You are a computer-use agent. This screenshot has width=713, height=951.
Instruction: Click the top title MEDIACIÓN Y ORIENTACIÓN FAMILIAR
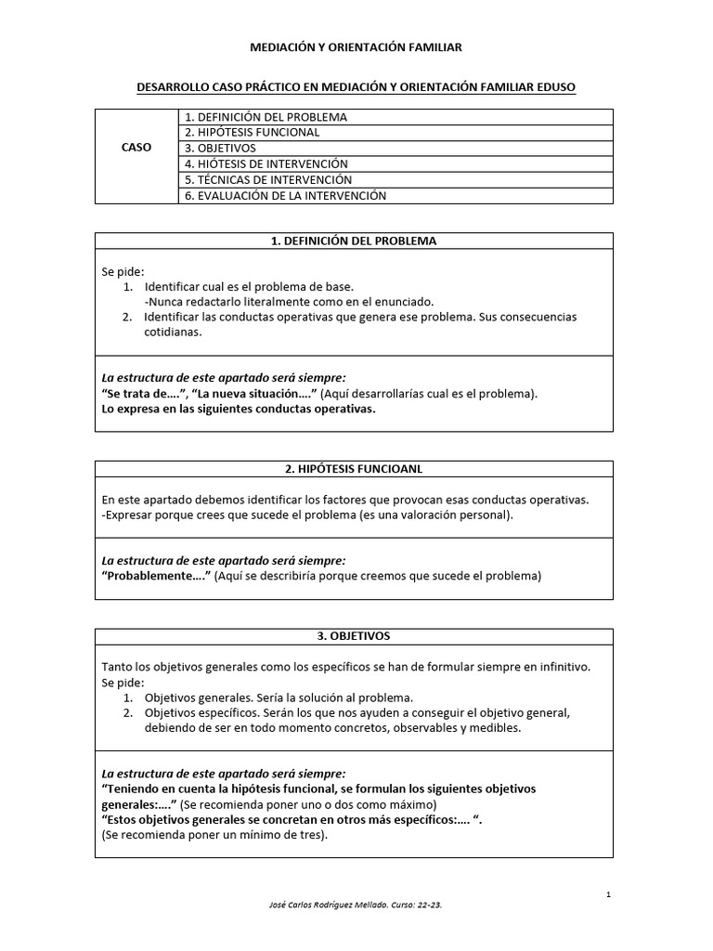(356, 46)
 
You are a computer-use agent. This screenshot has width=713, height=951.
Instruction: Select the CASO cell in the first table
(136, 148)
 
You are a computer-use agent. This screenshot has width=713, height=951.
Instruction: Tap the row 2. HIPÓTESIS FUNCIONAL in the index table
(252, 132)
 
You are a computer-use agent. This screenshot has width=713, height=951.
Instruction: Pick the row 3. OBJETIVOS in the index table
(220, 148)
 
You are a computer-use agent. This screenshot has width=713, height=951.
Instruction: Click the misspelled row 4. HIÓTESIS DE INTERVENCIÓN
(272, 163)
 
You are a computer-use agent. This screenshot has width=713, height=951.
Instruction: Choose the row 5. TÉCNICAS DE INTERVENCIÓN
(268, 179)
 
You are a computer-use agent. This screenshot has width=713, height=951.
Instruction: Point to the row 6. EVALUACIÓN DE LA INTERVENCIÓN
(285, 195)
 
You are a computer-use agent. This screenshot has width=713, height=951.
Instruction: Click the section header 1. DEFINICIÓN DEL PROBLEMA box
(353, 241)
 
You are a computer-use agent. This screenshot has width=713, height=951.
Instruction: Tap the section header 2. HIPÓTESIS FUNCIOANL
(353, 468)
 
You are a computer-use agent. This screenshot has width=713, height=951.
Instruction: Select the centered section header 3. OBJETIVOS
(353, 636)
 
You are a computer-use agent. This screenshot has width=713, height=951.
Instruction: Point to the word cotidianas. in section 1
(173, 332)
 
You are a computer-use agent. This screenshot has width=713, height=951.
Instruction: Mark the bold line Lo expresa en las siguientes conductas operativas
(239, 409)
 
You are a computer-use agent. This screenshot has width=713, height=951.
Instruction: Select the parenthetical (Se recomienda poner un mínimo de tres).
(214, 834)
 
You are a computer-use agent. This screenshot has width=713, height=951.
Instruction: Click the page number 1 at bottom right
(607, 894)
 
